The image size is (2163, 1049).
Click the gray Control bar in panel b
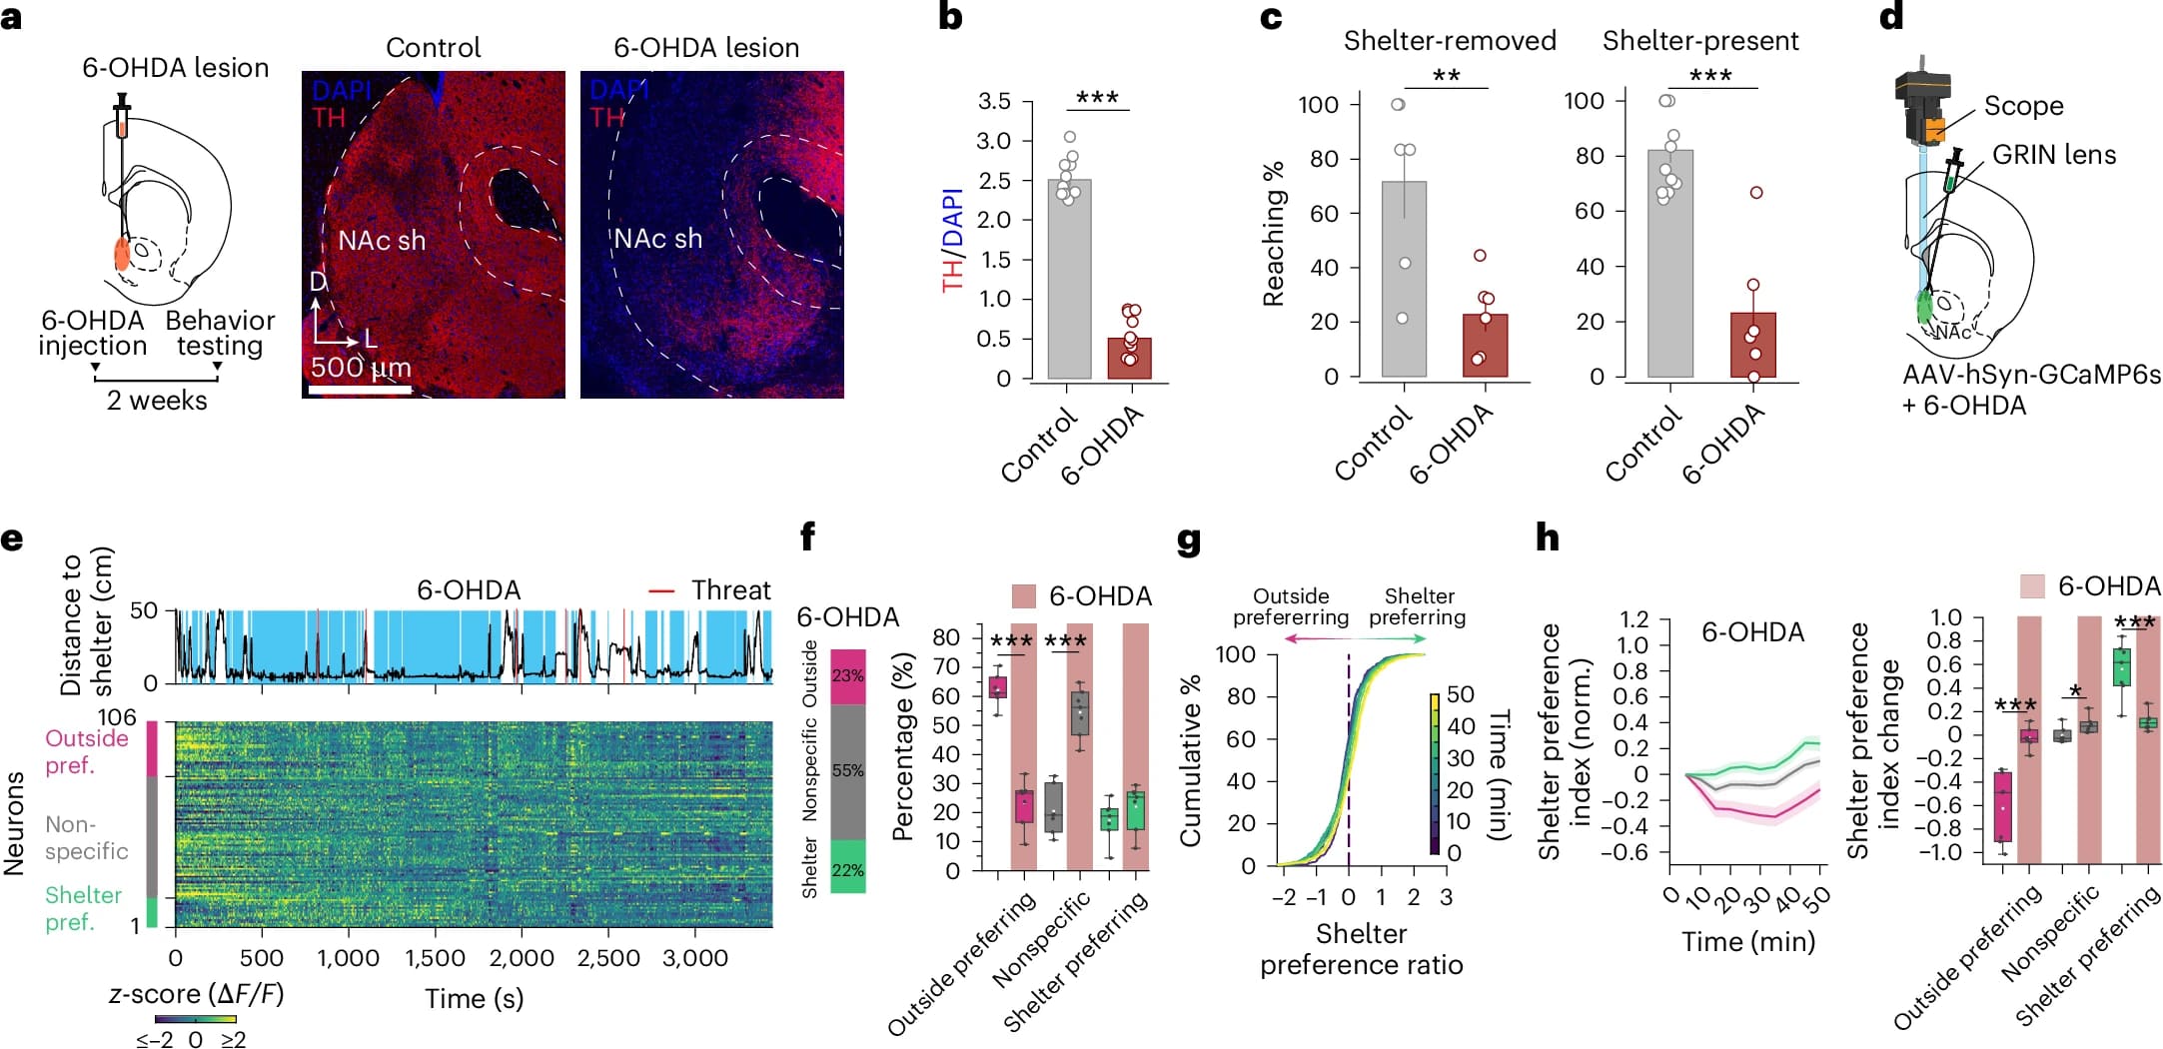tap(1068, 280)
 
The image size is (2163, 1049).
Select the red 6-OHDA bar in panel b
tap(1129, 359)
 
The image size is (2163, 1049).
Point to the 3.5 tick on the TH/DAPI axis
tap(994, 102)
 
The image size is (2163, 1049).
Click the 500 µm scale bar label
tap(361, 368)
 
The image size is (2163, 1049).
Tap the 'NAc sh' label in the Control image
tap(382, 241)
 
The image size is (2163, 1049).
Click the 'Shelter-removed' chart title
tap(1450, 41)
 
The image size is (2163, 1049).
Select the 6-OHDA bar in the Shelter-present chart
tap(1752, 346)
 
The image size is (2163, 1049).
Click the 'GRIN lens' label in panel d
tap(2054, 155)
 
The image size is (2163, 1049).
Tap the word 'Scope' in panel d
tap(2023, 106)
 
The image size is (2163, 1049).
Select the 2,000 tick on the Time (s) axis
tap(522, 958)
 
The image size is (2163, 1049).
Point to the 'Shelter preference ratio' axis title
tap(1361, 949)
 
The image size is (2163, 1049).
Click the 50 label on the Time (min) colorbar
tap(1460, 694)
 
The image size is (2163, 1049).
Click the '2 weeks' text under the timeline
tap(157, 401)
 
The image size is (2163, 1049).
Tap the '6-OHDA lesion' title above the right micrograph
tap(706, 48)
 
